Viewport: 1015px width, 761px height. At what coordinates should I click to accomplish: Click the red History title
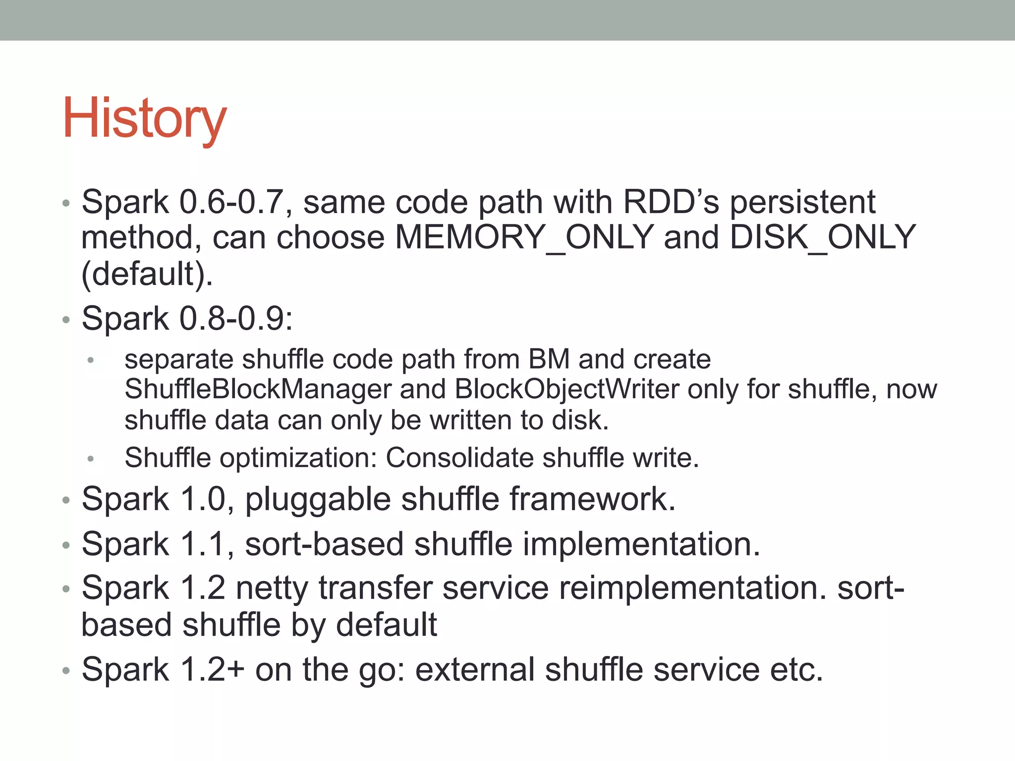coord(144,119)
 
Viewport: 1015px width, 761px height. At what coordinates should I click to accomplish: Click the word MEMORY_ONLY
coord(524,237)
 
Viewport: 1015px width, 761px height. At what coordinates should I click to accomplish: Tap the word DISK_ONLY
coord(823,237)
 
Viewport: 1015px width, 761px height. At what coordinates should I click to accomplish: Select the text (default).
coord(147,274)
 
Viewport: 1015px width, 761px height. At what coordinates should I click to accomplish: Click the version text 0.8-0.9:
coord(236,319)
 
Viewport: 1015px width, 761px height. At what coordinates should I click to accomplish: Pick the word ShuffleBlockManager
coord(258,389)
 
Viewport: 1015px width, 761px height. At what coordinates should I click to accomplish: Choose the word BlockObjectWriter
coord(567,389)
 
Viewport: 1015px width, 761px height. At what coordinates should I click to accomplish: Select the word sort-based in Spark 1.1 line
coord(324,544)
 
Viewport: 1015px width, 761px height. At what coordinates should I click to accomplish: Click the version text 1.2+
coord(212,670)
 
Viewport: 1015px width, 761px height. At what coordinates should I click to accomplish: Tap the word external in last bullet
coord(474,670)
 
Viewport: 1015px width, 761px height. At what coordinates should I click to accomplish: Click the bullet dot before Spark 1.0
coord(66,501)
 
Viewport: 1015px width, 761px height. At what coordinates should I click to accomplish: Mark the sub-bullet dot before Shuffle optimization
coord(90,459)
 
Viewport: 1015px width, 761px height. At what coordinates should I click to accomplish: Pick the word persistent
coord(803,202)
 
